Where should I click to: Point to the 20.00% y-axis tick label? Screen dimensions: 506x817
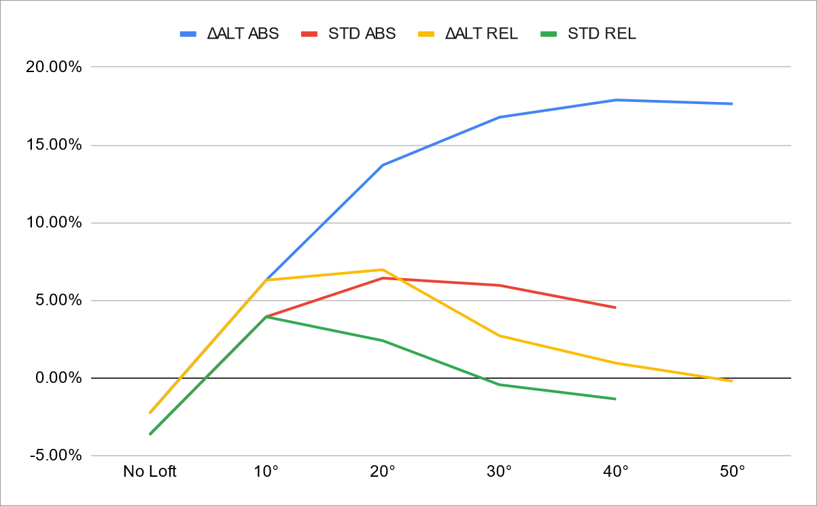56,67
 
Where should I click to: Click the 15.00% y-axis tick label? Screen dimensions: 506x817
56,146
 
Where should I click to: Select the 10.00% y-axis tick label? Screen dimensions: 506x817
56,223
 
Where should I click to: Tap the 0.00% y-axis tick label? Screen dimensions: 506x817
59,378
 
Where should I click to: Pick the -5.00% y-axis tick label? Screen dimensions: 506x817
56,456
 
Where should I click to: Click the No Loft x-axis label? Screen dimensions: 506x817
150,471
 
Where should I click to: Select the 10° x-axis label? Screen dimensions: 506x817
266,471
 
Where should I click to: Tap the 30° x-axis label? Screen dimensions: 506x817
500,471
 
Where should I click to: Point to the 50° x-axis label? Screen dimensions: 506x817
732,471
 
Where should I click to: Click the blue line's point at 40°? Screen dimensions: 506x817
616,100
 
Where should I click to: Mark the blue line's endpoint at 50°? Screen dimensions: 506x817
732,104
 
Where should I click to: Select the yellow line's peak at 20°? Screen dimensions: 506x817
383,269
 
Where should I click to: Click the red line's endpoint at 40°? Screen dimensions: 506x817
616,307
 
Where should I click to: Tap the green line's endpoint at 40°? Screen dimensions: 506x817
616,399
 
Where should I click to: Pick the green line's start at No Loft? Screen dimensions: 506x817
150,434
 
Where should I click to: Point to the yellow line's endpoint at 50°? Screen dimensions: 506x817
732,381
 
